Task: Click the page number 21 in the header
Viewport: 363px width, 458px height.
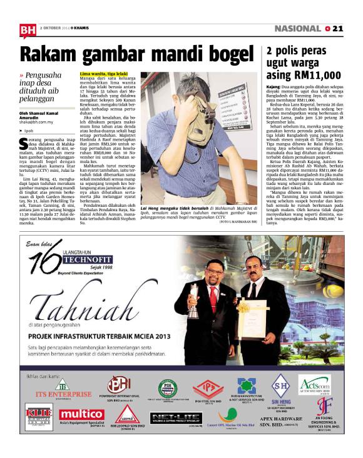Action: click(x=339, y=29)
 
